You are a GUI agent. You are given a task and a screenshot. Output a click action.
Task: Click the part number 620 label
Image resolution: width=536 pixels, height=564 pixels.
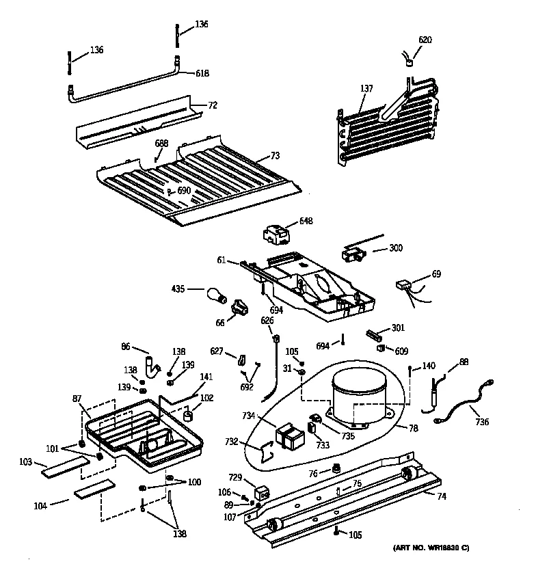[x=425, y=40]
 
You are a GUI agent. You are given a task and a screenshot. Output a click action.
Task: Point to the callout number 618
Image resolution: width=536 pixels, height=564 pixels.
[x=202, y=73]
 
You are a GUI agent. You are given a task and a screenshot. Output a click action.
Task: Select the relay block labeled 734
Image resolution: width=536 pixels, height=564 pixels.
[x=288, y=435]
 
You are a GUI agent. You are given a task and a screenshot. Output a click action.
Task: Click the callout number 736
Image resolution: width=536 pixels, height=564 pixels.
[x=482, y=422]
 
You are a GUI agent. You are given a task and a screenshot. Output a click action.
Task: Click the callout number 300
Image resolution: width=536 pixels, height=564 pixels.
[x=396, y=249]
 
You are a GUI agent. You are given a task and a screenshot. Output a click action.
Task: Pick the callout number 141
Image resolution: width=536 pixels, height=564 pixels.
[x=206, y=377]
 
